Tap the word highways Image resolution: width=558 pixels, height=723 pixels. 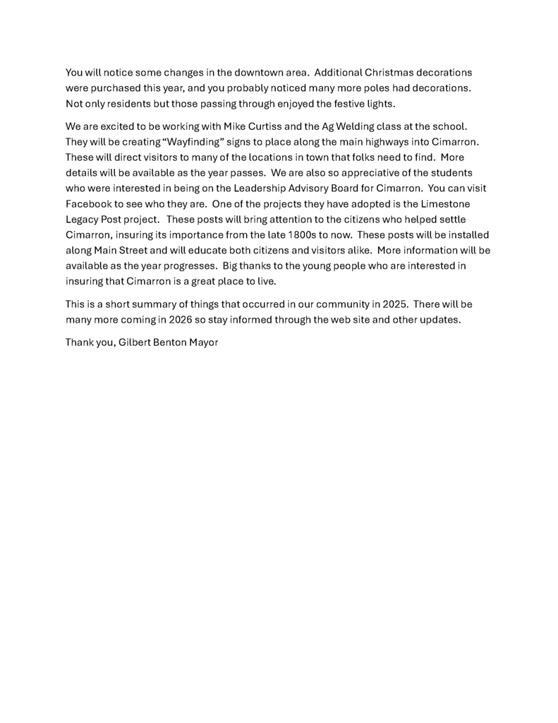[x=388, y=142]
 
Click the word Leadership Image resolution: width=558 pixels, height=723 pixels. [x=265, y=189]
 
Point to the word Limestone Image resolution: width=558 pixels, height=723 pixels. [x=446, y=203]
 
